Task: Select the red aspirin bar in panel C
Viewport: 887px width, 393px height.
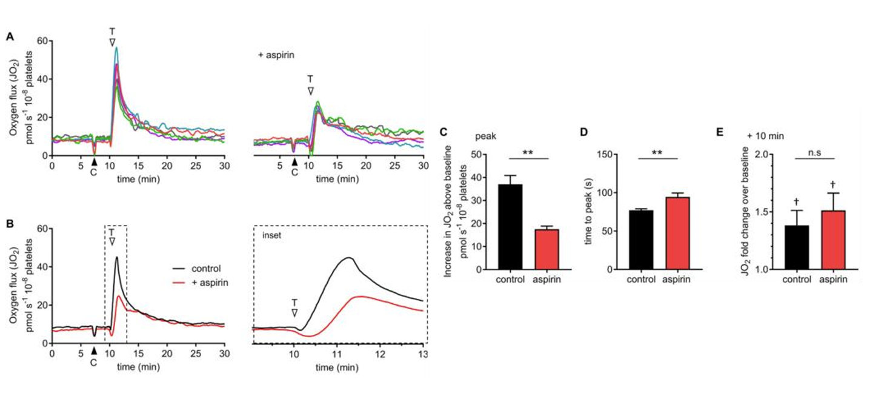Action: click(x=546, y=249)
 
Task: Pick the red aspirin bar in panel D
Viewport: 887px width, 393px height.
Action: click(x=678, y=233)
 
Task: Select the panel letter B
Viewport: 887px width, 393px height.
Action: click(x=10, y=224)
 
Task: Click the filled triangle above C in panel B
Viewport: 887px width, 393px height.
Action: click(x=93, y=351)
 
